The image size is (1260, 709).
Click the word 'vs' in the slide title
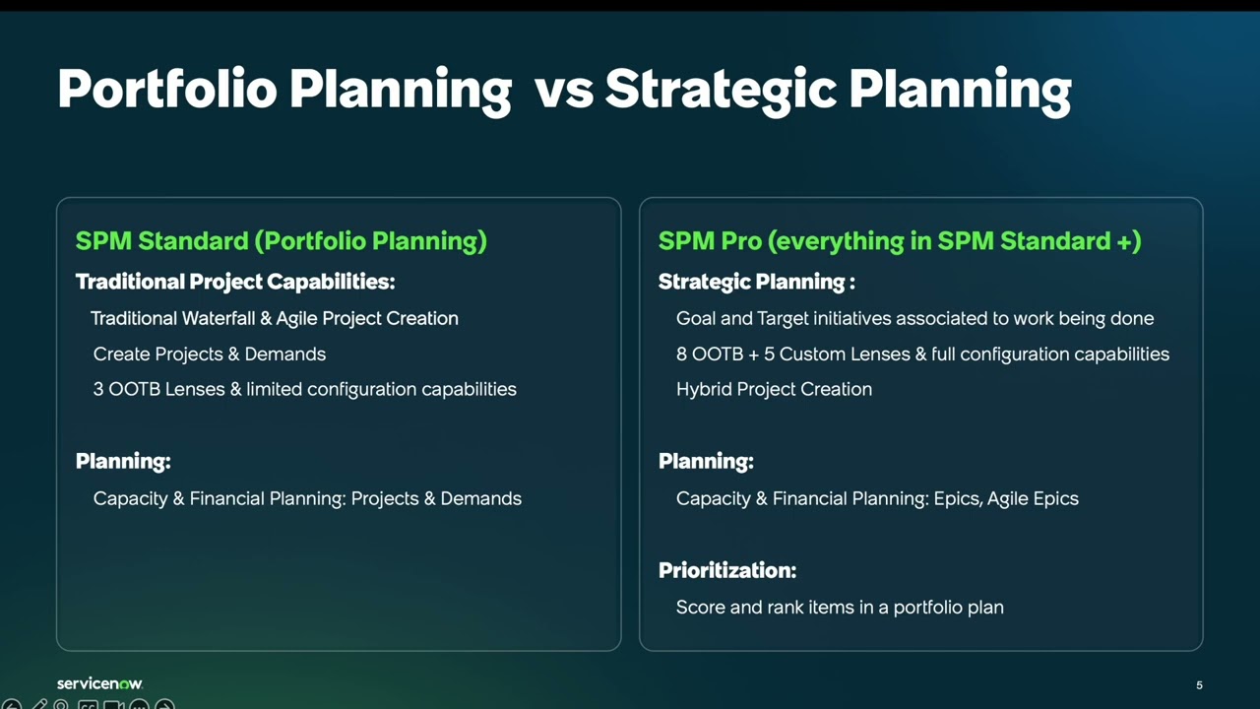[x=564, y=90]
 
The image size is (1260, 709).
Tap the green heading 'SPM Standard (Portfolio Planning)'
[x=281, y=241]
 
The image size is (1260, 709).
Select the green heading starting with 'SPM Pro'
[x=899, y=241]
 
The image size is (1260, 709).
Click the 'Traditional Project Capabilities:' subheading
[x=234, y=282]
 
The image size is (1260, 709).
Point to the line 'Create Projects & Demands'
[x=209, y=354]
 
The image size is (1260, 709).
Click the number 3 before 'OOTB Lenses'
[x=98, y=390]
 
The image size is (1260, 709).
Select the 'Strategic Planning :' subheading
[x=756, y=282]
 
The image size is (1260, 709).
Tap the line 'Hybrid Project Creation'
[x=774, y=390]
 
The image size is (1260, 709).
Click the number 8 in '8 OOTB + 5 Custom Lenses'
[x=681, y=354]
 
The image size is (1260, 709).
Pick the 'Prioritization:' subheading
[x=726, y=570]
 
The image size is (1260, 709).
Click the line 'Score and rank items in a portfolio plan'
[x=840, y=608]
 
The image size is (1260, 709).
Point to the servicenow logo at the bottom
[x=99, y=683]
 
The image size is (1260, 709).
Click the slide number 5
[x=1199, y=685]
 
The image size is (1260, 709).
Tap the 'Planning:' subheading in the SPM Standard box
[x=123, y=461]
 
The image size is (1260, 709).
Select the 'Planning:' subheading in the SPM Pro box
[x=706, y=461]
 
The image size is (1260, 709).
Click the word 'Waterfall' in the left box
[x=219, y=319]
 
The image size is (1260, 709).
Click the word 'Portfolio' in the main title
[x=167, y=90]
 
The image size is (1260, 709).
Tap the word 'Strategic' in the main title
[x=721, y=90]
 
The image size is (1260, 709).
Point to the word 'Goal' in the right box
[x=694, y=319]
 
